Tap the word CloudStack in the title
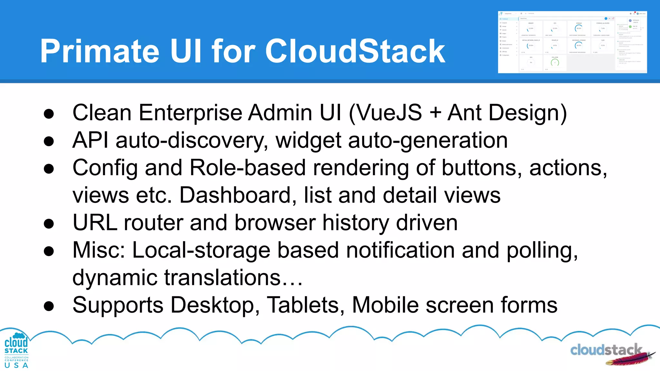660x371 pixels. (x=355, y=51)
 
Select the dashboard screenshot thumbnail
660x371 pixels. (x=572, y=42)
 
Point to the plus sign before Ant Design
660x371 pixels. (x=435, y=113)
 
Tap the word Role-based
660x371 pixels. (x=247, y=168)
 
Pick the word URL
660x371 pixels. (x=95, y=223)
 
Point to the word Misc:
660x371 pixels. (x=99, y=250)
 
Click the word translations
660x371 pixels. (x=222, y=278)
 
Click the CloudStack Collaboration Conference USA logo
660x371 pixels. (x=16, y=350)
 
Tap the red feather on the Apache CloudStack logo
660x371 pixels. (x=628, y=358)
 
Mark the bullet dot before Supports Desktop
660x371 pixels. (x=49, y=306)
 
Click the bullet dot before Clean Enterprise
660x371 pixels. (x=49, y=114)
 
